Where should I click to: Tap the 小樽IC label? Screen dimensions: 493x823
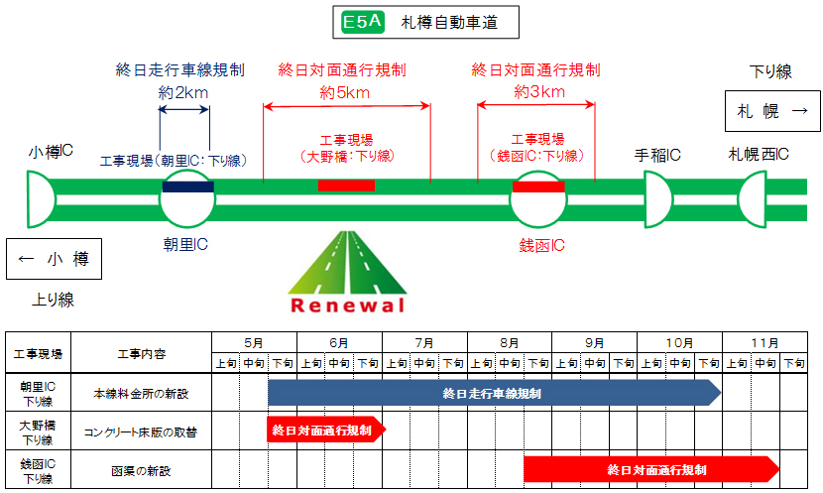[x=52, y=152]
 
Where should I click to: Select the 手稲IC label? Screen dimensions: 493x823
[x=657, y=155]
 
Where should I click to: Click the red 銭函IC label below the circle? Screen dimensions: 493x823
[x=541, y=244]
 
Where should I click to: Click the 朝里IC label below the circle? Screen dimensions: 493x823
[x=187, y=243]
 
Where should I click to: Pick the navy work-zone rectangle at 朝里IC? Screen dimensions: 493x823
[x=187, y=185]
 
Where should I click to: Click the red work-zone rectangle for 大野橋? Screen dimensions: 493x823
[x=346, y=185]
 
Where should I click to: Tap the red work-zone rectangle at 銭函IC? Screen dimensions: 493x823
[x=538, y=185]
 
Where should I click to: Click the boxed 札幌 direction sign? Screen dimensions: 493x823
[x=772, y=111]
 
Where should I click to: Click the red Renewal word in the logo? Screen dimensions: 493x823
[x=348, y=305]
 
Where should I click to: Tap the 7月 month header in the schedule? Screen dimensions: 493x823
[x=424, y=342]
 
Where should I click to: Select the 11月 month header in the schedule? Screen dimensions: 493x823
[x=764, y=342]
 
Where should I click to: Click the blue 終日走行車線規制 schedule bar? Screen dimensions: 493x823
[x=494, y=393]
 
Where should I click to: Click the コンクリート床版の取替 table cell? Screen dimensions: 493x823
[x=141, y=431]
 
